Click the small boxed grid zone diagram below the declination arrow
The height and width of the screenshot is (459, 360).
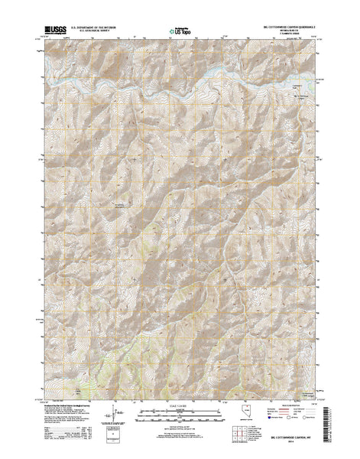(x=115, y=435)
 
